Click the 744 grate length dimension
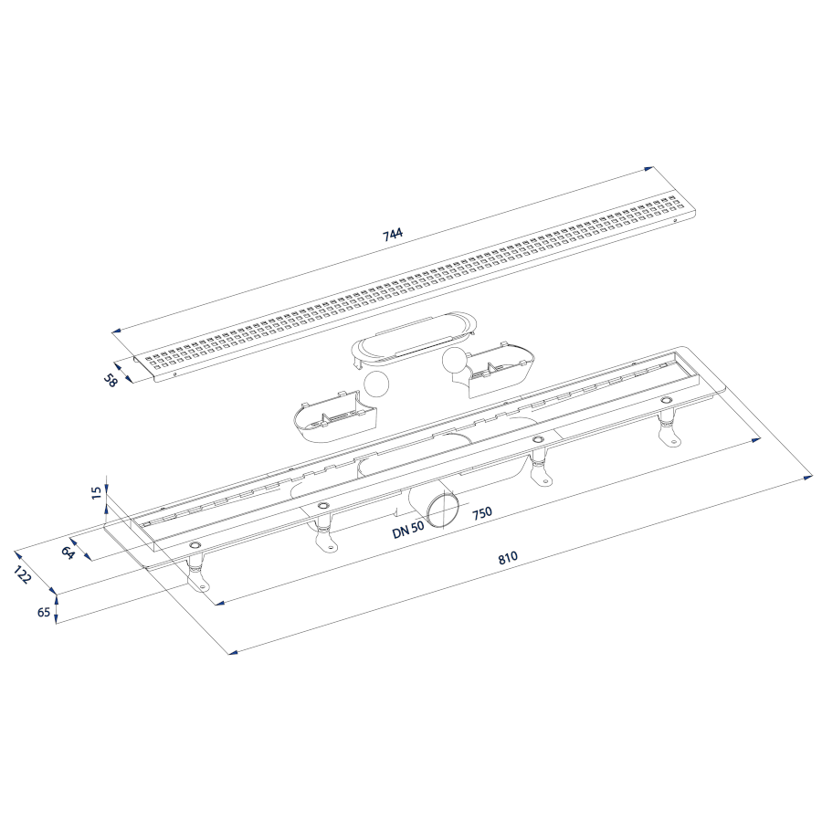393,235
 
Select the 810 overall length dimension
508,557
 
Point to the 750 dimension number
481,512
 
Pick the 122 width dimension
23,575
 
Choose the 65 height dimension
44,612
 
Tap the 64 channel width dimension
67,553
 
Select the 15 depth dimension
96,492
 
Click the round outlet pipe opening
441,510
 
